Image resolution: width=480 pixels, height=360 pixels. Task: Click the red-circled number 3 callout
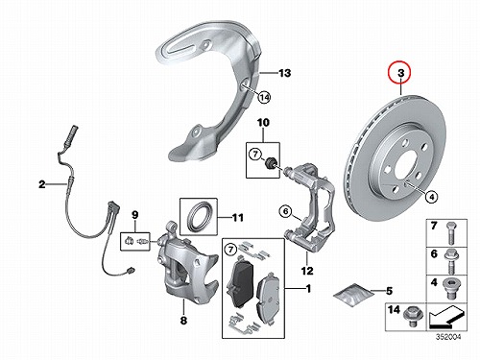(x=401, y=73)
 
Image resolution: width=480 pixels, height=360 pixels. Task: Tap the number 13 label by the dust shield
(x=284, y=73)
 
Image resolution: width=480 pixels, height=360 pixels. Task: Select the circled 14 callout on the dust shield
(x=264, y=97)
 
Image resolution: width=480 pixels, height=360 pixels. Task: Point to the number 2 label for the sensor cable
(x=42, y=184)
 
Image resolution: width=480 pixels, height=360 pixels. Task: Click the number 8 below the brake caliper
(x=183, y=320)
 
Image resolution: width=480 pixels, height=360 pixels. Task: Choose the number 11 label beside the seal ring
(x=237, y=218)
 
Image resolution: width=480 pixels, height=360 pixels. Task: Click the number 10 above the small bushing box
(x=263, y=122)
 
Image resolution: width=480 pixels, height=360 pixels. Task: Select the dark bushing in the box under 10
(x=272, y=162)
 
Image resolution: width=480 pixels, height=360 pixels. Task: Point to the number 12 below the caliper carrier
(x=307, y=271)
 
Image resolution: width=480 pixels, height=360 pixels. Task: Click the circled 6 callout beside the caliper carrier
(x=285, y=211)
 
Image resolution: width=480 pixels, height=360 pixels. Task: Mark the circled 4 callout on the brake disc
(x=432, y=197)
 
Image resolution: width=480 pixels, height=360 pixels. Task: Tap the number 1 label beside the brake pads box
(x=308, y=289)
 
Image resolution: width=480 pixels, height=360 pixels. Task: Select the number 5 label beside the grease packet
(x=389, y=291)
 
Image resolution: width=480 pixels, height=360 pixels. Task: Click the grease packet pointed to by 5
(x=353, y=296)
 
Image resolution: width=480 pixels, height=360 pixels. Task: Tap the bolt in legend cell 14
(x=414, y=317)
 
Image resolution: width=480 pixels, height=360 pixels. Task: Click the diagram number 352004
(x=447, y=337)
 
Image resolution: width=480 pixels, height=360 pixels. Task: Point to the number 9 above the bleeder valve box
(x=134, y=215)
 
